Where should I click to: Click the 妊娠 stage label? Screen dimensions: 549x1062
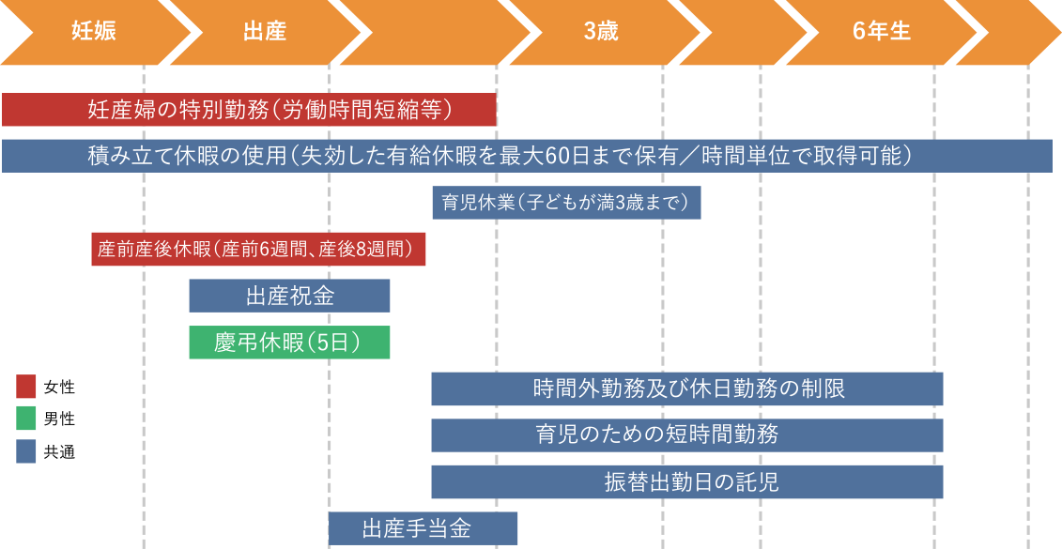tap(94, 31)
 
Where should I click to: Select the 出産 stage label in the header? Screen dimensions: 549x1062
tap(265, 31)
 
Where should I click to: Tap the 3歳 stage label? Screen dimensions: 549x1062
tap(601, 31)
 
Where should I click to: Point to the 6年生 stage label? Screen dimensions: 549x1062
tap(882, 31)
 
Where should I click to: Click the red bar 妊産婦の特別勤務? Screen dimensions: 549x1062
tap(249, 110)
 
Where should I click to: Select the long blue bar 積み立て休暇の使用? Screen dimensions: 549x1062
tap(527, 156)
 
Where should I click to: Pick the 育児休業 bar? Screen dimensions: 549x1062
tap(566, 203)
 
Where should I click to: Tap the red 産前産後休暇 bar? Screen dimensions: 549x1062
tap(258, 250)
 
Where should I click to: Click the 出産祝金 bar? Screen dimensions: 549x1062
tap(289, 296)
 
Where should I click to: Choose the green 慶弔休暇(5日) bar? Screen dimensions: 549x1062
tap(289, 343)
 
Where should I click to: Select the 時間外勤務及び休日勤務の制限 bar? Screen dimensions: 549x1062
tap(686, 389)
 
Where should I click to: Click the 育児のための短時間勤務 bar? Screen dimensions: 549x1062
tap(686, 435)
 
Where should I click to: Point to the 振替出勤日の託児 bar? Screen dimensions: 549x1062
tap(686, 482)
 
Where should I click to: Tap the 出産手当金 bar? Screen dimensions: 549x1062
tap(423, 528)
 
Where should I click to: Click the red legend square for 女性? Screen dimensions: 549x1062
tap(26, 386)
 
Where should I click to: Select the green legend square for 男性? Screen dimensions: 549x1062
tap(26, 419)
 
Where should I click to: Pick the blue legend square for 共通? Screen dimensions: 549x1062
tap(26, 452)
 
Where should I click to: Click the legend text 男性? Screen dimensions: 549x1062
tap(59, 419)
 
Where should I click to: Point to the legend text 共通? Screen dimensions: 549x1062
tap(59, 452)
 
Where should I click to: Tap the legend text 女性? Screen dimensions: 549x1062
tap(59, 386)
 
